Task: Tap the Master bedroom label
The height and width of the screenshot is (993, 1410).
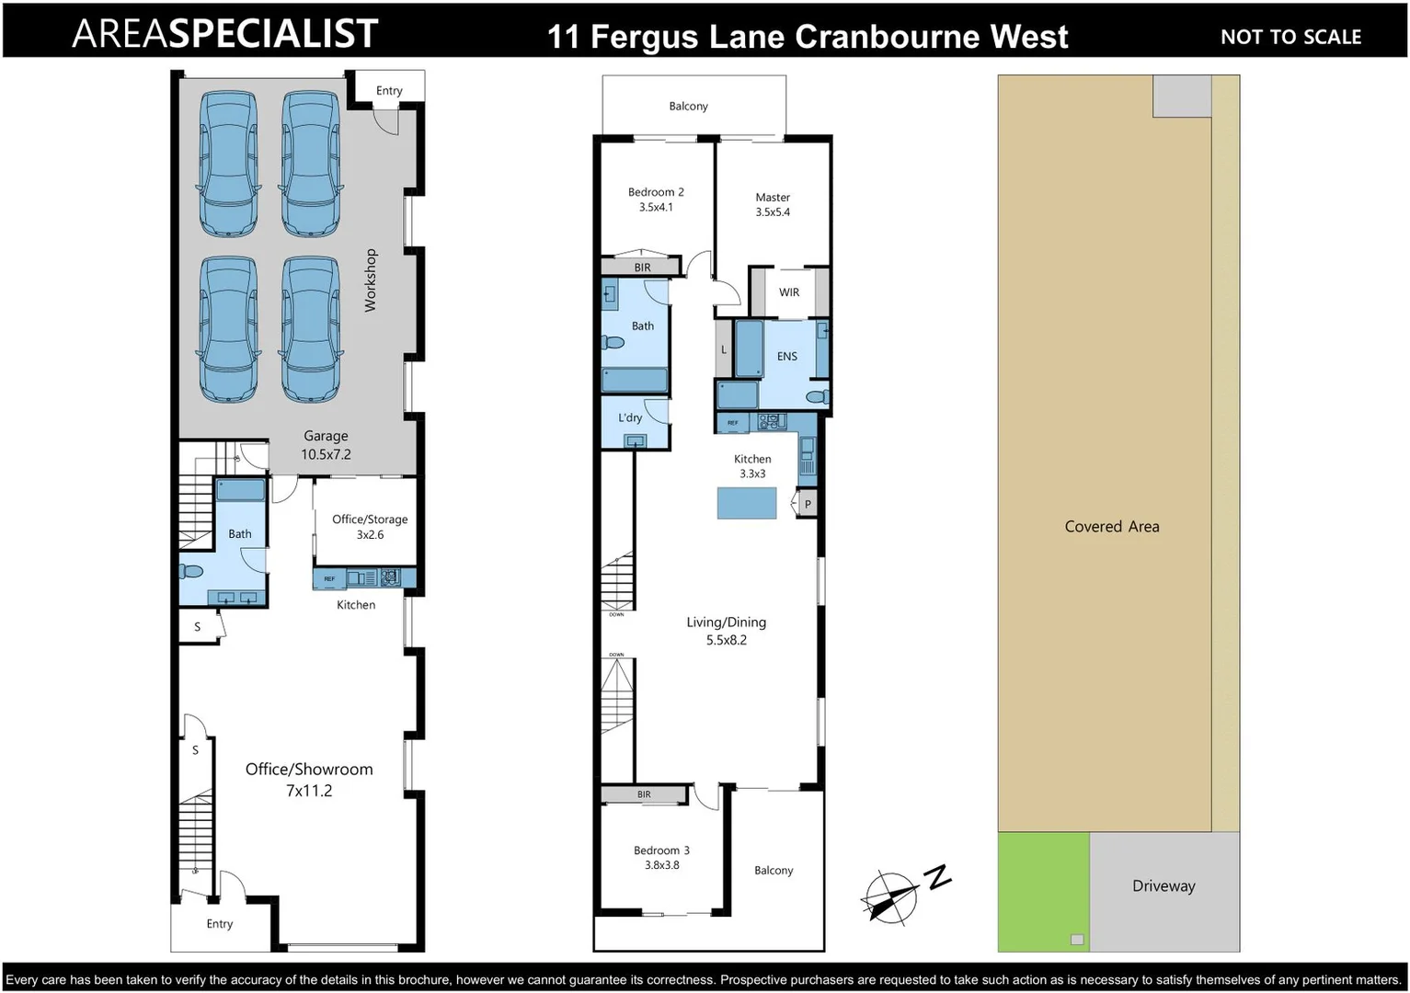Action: [773, 197]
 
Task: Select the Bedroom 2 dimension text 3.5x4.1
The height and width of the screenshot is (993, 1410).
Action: [656, 208]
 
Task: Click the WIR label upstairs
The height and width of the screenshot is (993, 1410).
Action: [789, 292]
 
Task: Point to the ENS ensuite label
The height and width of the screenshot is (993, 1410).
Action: [787, 357]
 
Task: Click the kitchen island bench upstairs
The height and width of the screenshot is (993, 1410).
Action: [746, 503]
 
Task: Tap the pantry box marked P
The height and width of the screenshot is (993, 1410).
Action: [808, 504]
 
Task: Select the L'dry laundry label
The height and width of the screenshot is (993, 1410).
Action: [630, 417]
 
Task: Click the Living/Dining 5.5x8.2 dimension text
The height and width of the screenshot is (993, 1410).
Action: [727, 640]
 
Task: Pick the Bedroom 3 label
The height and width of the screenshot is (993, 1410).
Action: [661, 850]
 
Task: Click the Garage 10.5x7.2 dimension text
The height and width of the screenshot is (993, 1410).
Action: [326, 454]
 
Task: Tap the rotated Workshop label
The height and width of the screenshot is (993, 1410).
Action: [371, 280]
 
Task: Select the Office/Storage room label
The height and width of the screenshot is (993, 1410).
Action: [370, 519]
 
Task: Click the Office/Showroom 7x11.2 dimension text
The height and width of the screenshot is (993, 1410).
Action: [309, 791]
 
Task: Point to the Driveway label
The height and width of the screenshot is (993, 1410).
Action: [1164, 886]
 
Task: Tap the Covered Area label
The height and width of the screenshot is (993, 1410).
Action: [1112, 527]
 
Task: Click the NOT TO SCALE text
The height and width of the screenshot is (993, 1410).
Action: [1290, 37]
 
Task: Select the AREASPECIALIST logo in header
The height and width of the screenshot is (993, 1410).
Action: [225, 34]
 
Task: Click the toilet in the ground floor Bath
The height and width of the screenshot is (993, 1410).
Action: [190, 571]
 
